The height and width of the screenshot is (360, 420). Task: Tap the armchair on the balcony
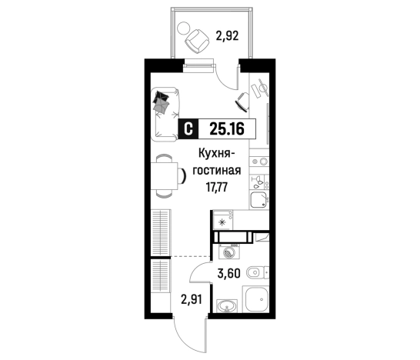point(197,39)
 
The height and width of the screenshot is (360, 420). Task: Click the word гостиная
point(224,169)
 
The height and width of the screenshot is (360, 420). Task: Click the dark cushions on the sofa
point(162,102)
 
